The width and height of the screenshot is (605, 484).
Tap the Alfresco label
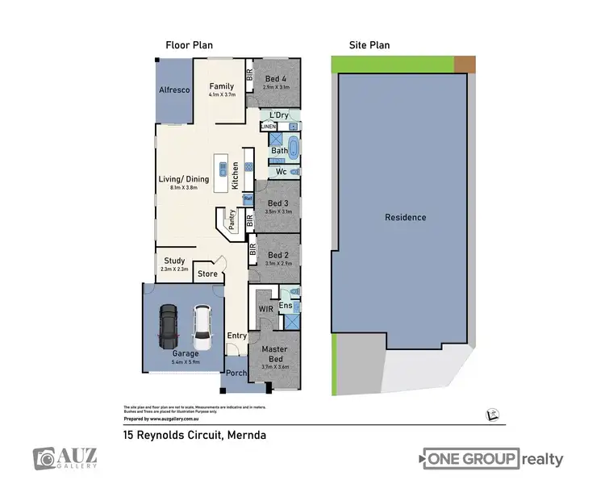pyautogui.click(x=173, y=90)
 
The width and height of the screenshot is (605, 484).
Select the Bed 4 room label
pyautogui.click(x=276, y=78)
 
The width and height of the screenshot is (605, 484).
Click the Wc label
pyautogui.click(x=281, y=172)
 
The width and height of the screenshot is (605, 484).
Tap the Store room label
pyautogui.click(x=208, y=274)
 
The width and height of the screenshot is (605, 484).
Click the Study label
pyautogui.click(x=174, y=261)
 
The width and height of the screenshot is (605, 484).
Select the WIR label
pyautogui.click(x=265, y=309)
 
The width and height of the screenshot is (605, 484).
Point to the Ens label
pyautogui.click(x=285, y=306)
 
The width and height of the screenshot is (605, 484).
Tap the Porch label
pyautogui.click(x=236, y=373)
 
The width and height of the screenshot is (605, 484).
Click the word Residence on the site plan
pyautogui.click(x=405, y=217)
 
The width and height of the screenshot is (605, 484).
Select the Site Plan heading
pyautogui.click(x=368, y=45)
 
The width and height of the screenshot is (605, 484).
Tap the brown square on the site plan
pyautogui.click(x=465, y=64)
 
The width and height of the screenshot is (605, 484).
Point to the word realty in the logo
pyautogui.click(x=542, y=460)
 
